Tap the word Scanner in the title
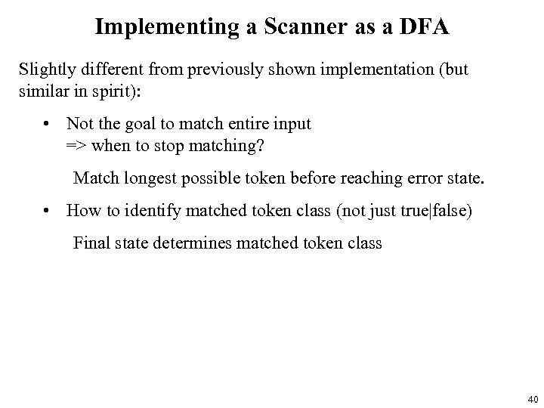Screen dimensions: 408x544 [290, 27]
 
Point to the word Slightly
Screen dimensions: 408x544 [46, 70]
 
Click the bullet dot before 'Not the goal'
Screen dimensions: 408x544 [47, 123]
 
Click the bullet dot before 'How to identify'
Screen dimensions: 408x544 [47, 210]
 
